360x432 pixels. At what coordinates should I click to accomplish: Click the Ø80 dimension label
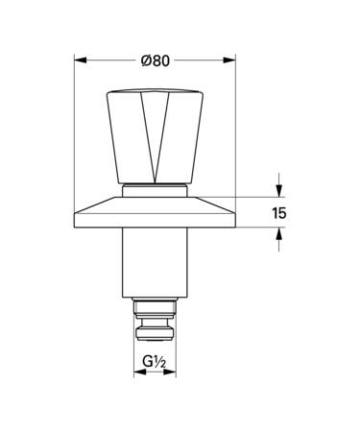pos(156,60)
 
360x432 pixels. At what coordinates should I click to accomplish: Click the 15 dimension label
pos(279,213)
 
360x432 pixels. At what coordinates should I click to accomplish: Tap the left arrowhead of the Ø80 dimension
pos(81,60)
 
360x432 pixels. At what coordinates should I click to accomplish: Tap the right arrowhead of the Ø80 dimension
pos(229,60)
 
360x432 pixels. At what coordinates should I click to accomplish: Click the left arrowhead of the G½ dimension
pos(139,372)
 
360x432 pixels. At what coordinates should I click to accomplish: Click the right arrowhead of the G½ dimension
pos(170,372)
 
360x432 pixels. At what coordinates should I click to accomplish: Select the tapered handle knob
pos(155,137)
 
